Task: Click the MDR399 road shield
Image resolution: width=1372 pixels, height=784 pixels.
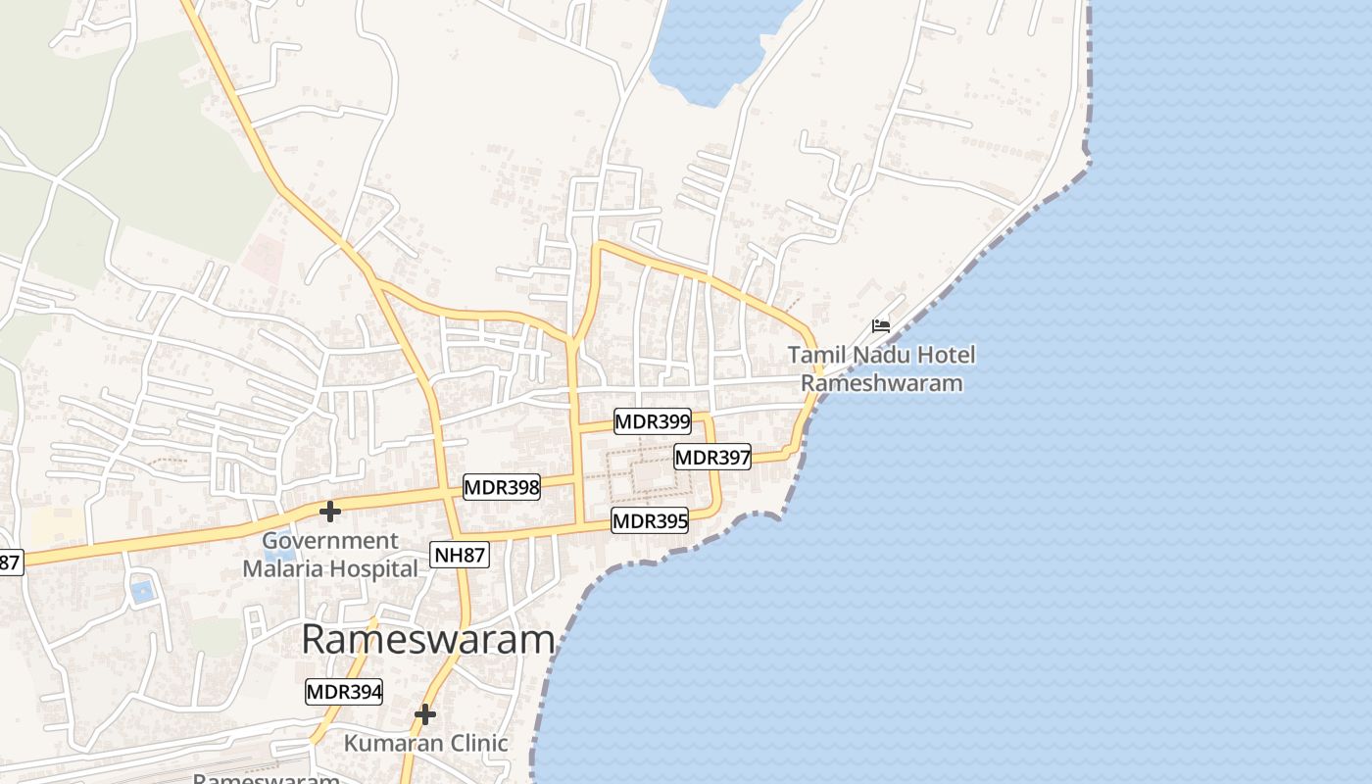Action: [x=653, y=422]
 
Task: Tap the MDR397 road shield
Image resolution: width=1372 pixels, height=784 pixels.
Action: [x=712, y=457]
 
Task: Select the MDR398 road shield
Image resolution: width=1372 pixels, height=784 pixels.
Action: [x=502, y=487]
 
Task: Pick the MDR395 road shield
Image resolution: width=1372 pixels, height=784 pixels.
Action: [x=650, y=521]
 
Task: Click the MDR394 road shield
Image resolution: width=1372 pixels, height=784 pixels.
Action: [x=344, y=692]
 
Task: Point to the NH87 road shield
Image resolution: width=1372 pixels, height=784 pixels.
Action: [x=460, y=556]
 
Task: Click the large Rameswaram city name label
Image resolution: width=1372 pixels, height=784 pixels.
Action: [x=428, y=640]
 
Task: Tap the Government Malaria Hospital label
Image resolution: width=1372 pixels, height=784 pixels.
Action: [x=330, y=555]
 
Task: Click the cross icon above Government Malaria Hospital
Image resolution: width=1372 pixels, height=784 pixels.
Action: [x=330, y=512]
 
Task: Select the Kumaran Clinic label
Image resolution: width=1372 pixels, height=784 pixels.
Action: [x=425, y=744]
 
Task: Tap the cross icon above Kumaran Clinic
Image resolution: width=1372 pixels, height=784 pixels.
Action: [x=424, y=714]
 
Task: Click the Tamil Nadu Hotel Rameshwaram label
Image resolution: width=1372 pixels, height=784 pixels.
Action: [x=882, y=368]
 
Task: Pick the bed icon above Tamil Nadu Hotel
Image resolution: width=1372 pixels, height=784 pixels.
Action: [x=881, y=326]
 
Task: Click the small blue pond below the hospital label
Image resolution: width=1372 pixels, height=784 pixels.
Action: [x=142, y=591]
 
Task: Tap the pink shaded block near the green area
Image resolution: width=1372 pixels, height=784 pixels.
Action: [x=263, y=257]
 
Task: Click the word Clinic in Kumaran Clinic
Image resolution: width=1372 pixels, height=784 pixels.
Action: [x=477, y=744]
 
